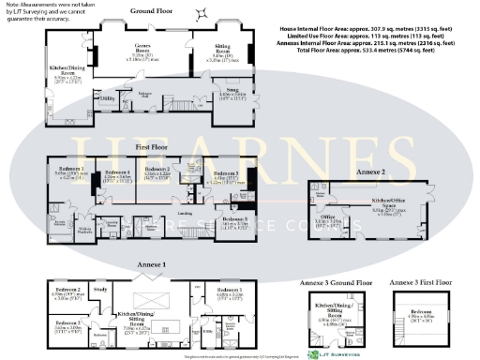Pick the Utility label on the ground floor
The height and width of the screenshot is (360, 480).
[108, 96]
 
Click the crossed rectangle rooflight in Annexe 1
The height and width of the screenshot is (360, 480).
[157, 300]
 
